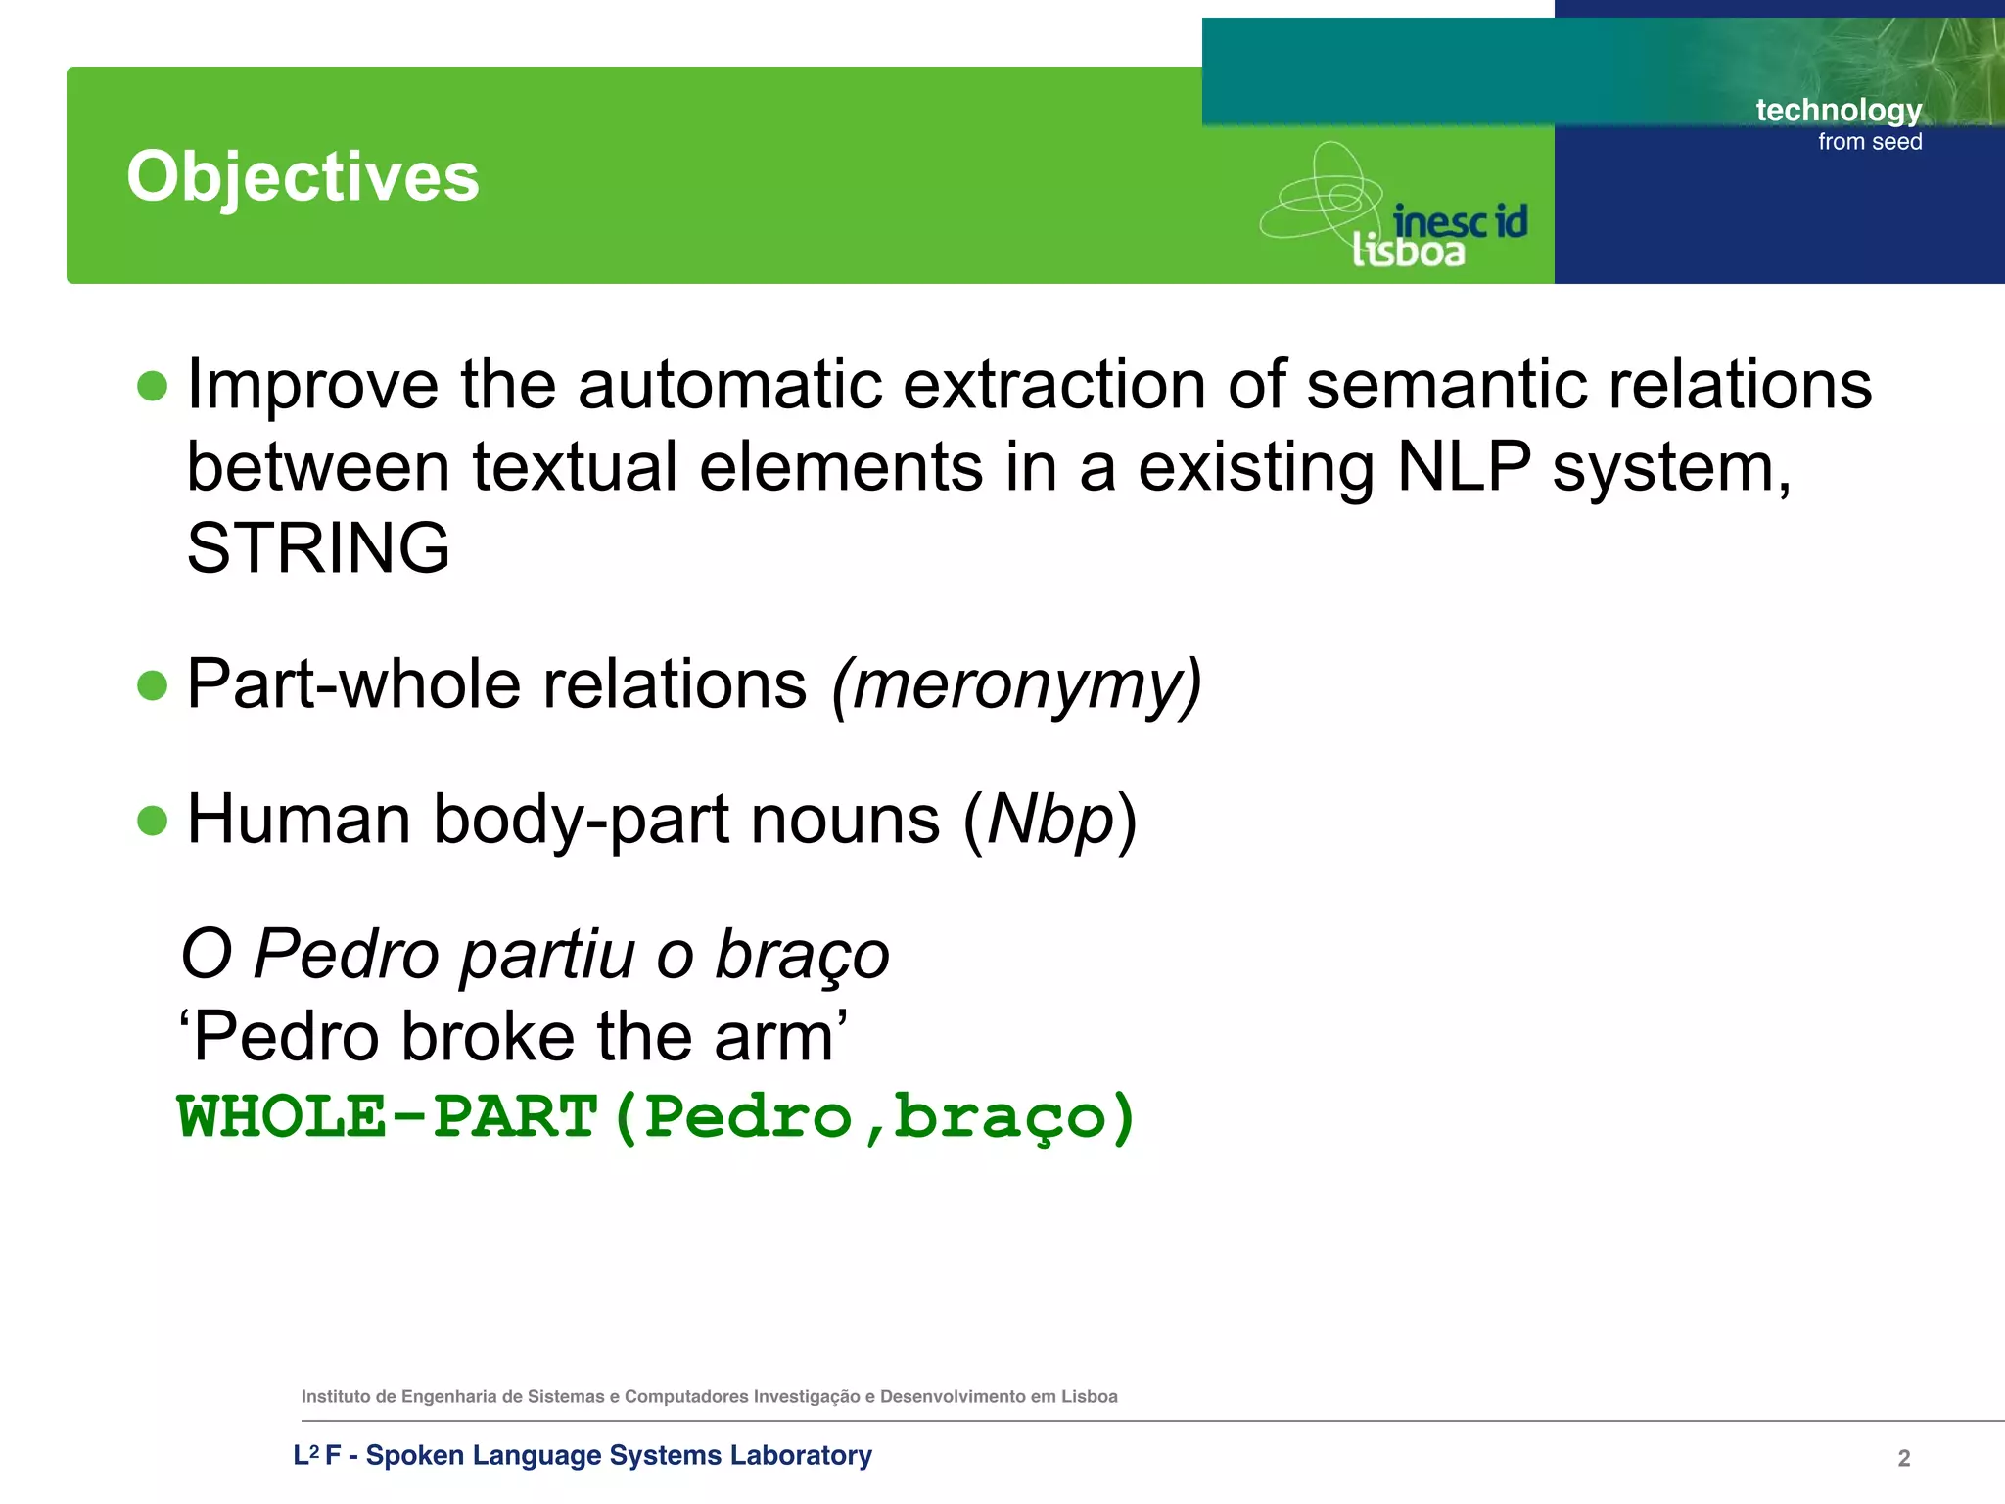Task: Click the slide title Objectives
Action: click(303, 176)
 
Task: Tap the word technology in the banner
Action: click(1838, 110)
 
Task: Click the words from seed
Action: click(1869, 142)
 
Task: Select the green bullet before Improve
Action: click(153, 386)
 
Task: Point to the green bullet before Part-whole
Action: click(153, 684)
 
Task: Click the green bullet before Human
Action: click(153, 820)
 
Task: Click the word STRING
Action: click(318, 547)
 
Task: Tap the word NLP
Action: click(1463, 466)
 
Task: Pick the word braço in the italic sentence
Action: click(802, 954)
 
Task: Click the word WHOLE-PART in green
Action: click(388, 1116)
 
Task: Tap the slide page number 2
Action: click(1903, 1458)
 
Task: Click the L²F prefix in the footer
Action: click(315, 1455)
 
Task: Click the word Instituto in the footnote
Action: click(336, 1396)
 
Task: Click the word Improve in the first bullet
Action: click(312, 384)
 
